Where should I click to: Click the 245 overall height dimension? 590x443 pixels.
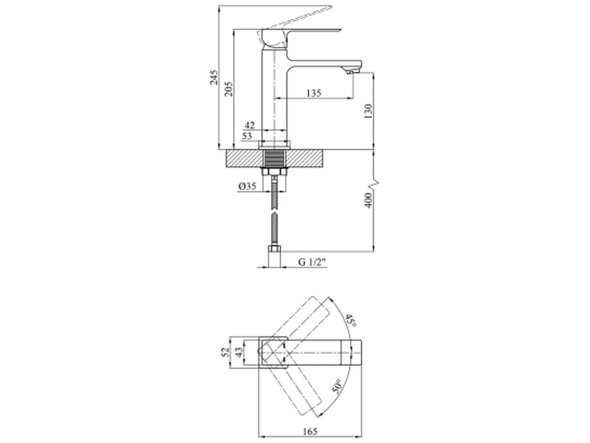click(214, 77)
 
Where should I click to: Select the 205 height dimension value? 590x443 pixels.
click(229, 89)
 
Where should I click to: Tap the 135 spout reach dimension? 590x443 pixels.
click(314, 93)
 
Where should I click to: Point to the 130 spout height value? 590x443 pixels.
click(368, 111)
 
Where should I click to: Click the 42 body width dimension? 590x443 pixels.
click(249, 125)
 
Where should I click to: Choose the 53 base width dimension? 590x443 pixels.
click(247, 136)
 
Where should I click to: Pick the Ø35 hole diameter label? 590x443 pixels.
click(247, 186)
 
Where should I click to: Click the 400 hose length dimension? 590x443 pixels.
click(368, 200)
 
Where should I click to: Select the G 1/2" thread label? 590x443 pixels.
click(312, 262)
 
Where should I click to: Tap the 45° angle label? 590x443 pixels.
click(351, 320)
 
